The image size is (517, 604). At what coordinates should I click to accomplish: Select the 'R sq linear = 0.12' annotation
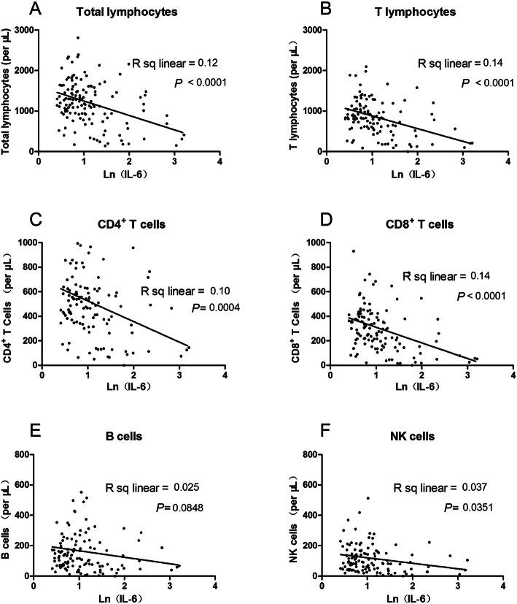[x=173, y=64]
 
